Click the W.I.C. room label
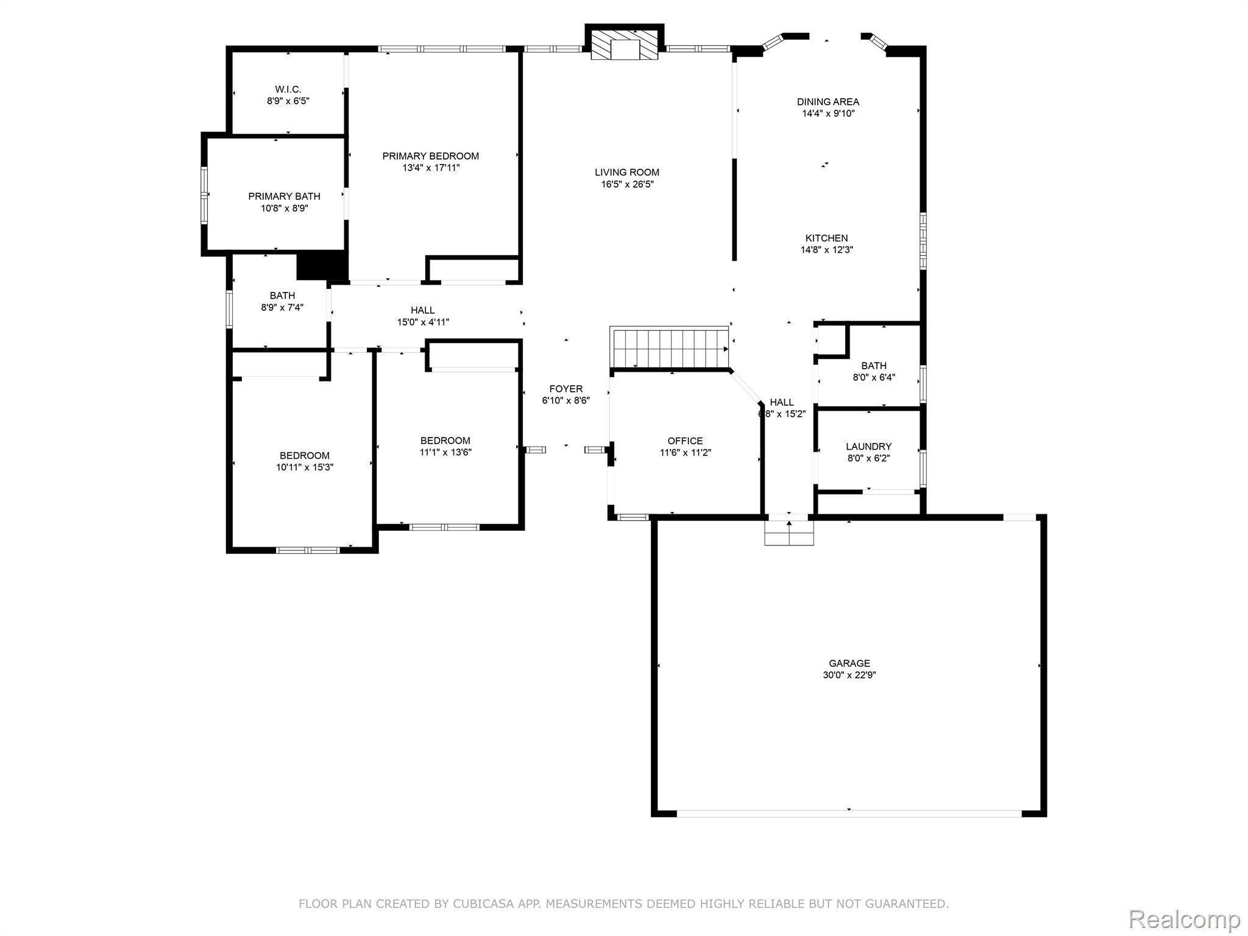(288, 90)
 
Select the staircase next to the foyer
(670, 349)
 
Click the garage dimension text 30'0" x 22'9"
(849, 675)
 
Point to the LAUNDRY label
(868, 447)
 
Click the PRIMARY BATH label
(284, 196)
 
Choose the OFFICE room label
(685, 441)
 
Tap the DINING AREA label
(828, 102)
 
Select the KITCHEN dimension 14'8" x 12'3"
(826, 250)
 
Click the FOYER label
(565, 389)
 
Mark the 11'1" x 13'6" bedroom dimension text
(445, 452)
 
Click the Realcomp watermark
(1184, 919)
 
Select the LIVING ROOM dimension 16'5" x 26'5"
(627, 184)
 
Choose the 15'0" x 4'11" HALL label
(423, 322)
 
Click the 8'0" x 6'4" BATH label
(873, 377)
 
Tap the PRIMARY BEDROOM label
(430, 156)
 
